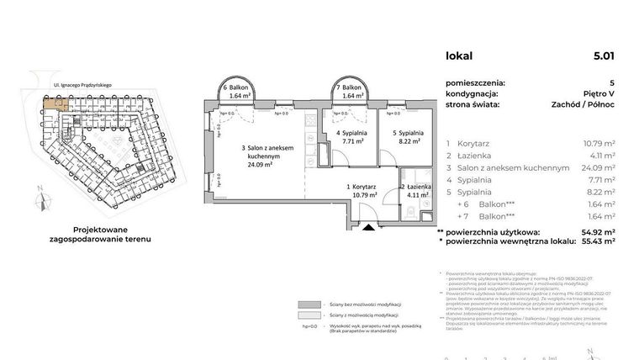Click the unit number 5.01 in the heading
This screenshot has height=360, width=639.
(603, 57)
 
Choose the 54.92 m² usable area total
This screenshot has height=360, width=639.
(598, 231)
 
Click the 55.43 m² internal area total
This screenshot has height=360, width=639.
(598, 241)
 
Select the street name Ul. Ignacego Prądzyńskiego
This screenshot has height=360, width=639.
(88, 85)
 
